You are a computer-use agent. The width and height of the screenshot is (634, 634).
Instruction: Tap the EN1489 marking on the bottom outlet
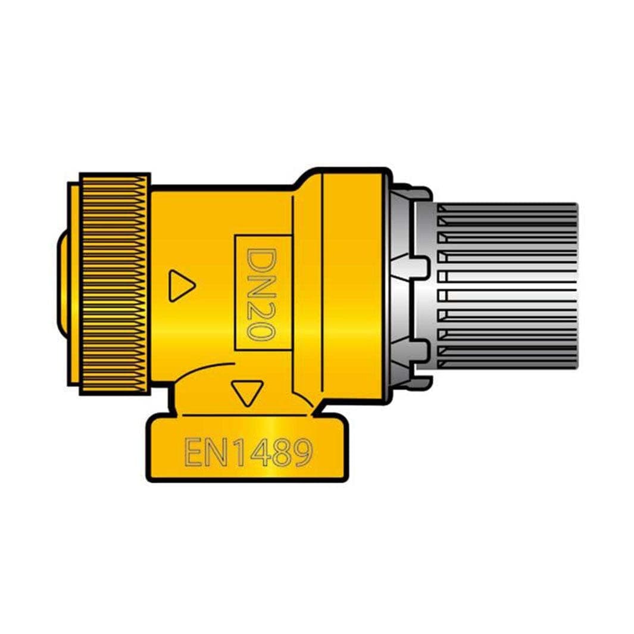point(248,452)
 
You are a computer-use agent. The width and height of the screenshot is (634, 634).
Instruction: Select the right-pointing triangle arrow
point(180,286)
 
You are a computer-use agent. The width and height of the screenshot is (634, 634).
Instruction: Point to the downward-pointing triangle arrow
point(247,391)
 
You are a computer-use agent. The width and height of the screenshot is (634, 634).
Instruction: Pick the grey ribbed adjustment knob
point(506,286)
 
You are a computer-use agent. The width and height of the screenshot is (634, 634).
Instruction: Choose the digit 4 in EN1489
point(260,452)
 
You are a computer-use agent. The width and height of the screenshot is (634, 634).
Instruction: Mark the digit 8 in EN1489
point(281,452)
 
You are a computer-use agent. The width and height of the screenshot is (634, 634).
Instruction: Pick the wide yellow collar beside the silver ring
point(352,286)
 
